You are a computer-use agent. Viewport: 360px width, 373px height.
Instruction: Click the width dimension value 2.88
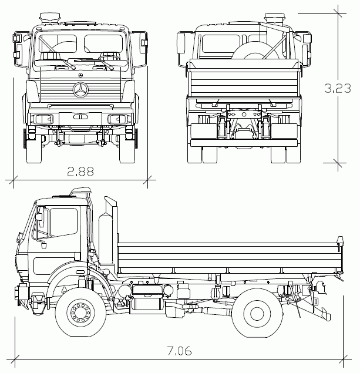pos(80,172)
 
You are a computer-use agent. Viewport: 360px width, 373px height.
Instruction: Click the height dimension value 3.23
pos(338,88)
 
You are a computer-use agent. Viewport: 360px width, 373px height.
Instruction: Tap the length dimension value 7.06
pos(179,351)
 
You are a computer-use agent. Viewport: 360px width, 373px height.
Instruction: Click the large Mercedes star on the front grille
pos(80,90)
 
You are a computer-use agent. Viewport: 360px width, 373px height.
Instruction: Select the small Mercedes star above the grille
pos(80,75)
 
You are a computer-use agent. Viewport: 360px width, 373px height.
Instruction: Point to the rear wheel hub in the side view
pos(257,314)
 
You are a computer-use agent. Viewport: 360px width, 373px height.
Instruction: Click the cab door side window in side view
pos(64,222)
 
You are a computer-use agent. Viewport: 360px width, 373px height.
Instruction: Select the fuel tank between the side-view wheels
pos(147,298)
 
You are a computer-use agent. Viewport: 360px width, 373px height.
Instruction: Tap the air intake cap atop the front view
pos(50,18)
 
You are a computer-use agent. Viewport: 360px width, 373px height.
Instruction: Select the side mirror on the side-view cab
pos(40,217)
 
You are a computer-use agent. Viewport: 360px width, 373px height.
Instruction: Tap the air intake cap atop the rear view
pos(275,18)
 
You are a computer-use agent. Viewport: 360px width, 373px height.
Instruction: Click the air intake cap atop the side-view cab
pos(80,190)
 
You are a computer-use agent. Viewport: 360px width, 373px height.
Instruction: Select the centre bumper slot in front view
pos(80,117)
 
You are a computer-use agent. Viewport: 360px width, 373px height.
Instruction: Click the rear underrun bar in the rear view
pos(244,143)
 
